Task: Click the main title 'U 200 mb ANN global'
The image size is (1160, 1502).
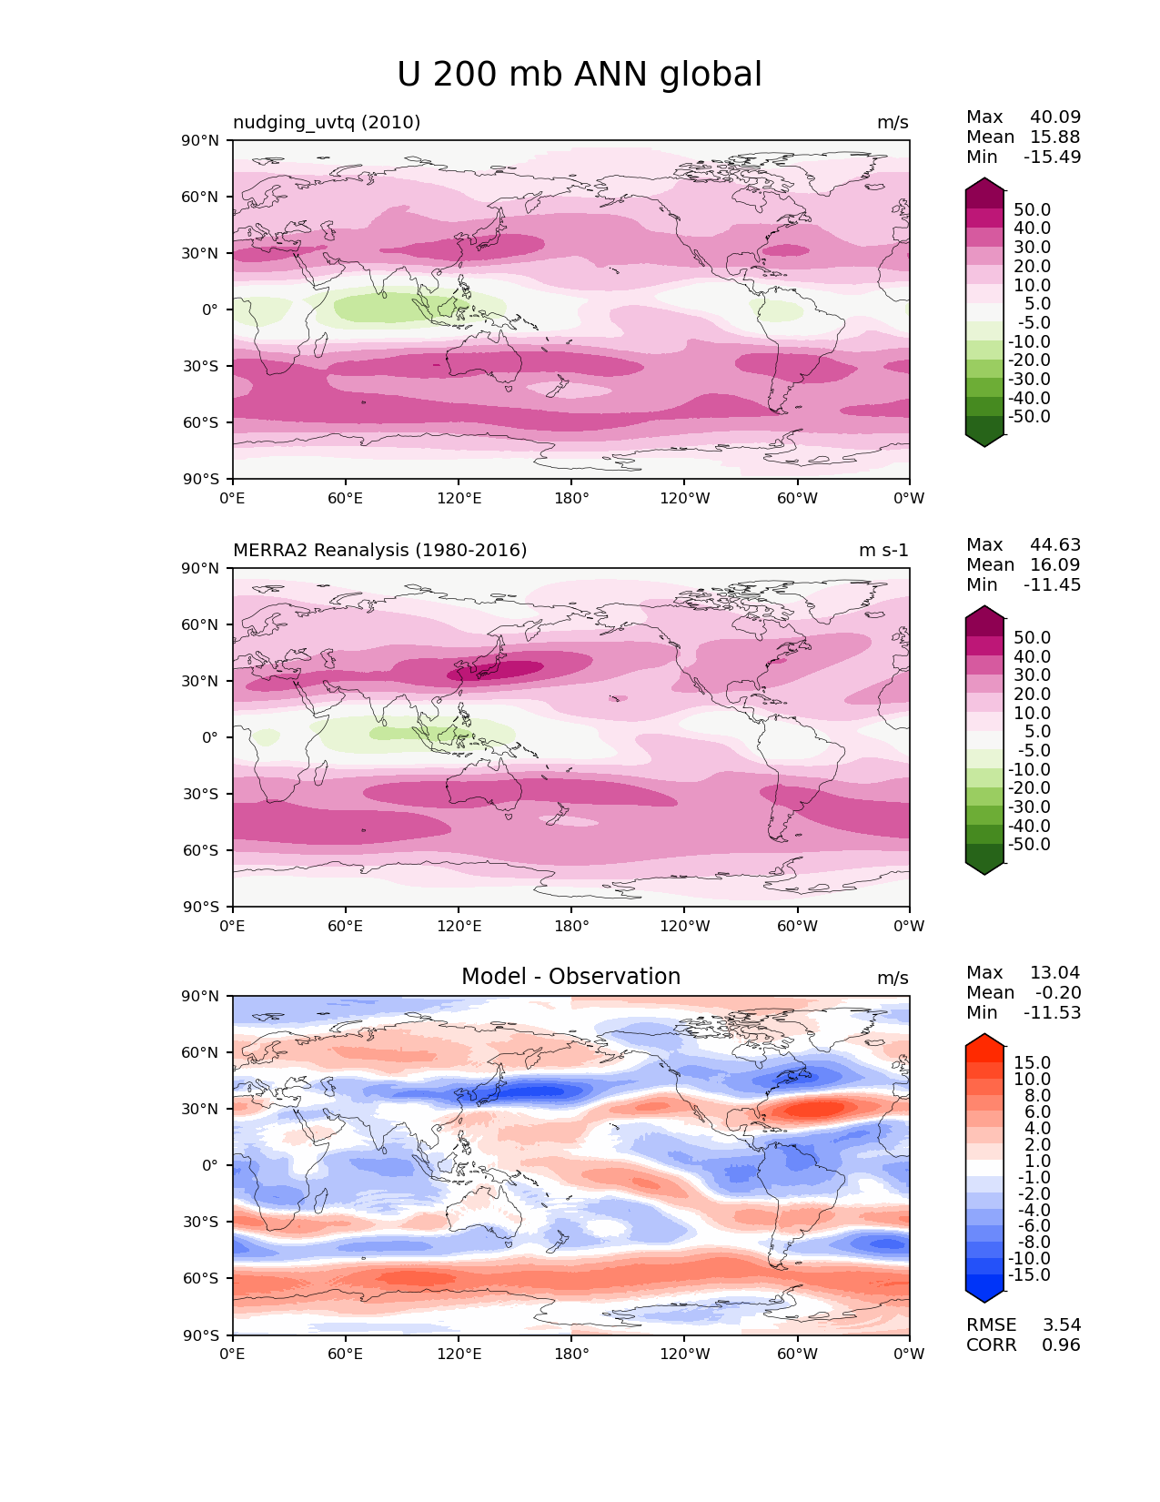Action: [x=580, y=75]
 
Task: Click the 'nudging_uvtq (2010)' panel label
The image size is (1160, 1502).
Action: [x=327, y=123]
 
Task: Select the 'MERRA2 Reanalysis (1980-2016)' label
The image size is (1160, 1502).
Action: [x=379, y=551]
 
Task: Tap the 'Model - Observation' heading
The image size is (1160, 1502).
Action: [x=570, y=977]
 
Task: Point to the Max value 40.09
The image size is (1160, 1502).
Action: [x=1055, y=117]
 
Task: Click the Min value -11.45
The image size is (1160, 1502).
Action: [x=1052, y=585]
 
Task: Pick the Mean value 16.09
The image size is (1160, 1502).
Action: [x=1055, y=565]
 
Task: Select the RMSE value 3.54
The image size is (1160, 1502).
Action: [x=1061, y=1325]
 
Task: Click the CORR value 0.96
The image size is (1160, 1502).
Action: [x=1061, y=1345]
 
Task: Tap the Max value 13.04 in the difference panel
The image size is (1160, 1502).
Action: [x=1055, y=973]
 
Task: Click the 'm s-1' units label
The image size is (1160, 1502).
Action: [x=883, y=551]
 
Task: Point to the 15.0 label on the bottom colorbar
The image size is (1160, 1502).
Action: [x=1032, y=1063]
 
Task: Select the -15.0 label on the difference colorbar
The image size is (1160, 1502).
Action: [x=1029, y=1275]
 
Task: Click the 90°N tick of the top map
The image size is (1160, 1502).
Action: [x=202, y=141]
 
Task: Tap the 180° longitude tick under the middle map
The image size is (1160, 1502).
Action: [x=571, y=927]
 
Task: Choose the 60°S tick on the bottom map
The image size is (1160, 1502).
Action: [x=202, y=1278]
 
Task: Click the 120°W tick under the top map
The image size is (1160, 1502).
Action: [x=685, y=499]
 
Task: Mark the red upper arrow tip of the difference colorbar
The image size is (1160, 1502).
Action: [x=984, y=1040]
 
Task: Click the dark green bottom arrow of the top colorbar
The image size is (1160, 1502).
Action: [x=984, y=440]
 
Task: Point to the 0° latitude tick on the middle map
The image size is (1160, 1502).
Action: [x=210, y=737]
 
